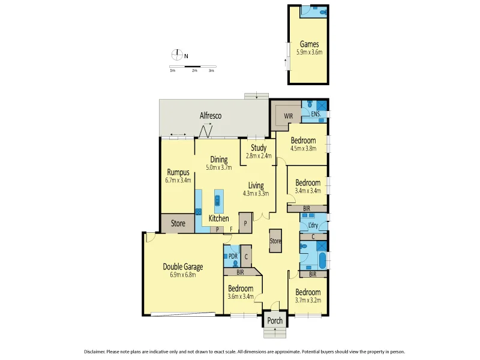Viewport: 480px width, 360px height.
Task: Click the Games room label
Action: click(310, 44)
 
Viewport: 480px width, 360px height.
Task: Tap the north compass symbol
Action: click(178, 55)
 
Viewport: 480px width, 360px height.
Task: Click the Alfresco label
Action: click(211, 115)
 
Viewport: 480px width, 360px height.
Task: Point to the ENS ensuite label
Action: click(316, 114)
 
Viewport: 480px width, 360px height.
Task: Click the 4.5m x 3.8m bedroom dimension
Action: click(303, 148)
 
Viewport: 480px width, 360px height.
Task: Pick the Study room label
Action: click(259, 148)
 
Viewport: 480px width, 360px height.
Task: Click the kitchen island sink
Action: click(218, 200)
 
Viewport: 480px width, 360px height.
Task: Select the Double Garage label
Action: click(183, 267)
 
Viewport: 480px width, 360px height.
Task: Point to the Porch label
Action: click(275, 320)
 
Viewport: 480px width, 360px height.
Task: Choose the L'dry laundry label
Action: click(313, 226)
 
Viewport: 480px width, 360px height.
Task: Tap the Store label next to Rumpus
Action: click(178, 224)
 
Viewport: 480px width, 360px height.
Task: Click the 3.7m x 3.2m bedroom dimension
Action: click(308, 301)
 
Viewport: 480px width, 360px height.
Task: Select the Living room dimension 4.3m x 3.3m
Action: click(256, 193)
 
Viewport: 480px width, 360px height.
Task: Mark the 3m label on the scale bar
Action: click(211, 71)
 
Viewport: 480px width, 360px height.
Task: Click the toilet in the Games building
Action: click(323, 11)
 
